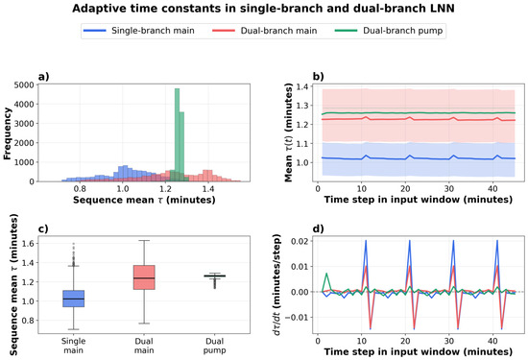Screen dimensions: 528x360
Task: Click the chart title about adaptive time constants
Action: [263, 9]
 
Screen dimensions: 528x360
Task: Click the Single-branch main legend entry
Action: [139, 31]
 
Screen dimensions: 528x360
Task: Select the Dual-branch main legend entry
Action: [265, 31]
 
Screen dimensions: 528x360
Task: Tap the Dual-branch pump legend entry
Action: [389, 31]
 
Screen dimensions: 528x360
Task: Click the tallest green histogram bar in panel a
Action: [177, 134]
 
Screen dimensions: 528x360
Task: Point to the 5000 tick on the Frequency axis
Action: [24, 85]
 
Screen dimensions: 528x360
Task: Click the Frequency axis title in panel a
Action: [7, 133]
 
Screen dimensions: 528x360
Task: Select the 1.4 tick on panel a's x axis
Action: [208, 188]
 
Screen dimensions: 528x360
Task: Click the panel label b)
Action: [318, 77]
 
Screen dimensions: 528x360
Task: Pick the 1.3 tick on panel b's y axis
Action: [301, 106]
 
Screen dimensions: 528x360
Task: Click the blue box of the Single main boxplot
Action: [73, 299]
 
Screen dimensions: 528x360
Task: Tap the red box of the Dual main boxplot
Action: [144, 277]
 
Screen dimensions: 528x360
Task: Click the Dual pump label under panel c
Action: [214, 346]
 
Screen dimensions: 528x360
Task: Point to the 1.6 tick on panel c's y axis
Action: [28, 244]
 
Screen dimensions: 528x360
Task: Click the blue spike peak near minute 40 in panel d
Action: [497, 240]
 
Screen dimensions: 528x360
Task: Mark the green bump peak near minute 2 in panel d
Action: [326, 274]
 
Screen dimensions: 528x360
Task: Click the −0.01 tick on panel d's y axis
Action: [297, 318]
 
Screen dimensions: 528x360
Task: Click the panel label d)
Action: [318, 229]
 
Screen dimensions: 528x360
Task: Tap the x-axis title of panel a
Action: [144, 200]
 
